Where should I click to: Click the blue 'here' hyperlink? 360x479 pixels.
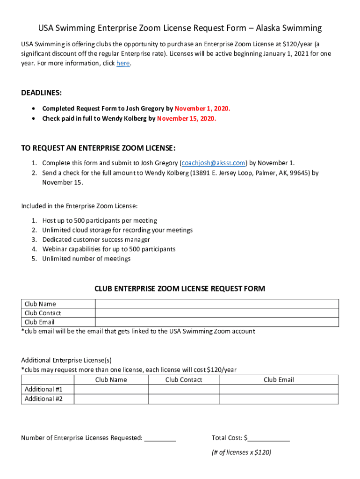pos(123,63)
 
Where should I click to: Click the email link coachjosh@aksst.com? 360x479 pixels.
pos(214,163)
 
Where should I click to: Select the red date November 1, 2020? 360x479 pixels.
pos(202,109)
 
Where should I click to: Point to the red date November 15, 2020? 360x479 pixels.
pos(187,118)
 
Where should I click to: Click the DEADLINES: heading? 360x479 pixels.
pos(41,93)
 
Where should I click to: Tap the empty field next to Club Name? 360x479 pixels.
pos(216,304)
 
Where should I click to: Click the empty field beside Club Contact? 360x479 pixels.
pos(216,313)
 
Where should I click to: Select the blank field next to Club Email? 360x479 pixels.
pos(216,322)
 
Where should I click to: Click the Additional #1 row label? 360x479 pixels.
pos(43,389)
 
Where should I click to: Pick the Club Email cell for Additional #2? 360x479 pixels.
pos(279,399)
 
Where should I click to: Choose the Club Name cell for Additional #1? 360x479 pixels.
pos(111,389)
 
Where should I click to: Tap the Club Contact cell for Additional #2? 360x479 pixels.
pos(184,399)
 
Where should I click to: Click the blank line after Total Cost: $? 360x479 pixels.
pos(270,438)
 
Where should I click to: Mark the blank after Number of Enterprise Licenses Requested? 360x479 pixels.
pos(160,438)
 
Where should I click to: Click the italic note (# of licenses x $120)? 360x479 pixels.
pos(241,452)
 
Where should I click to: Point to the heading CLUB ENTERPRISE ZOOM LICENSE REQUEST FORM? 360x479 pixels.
pos(180,289)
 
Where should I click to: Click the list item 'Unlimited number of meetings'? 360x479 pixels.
pos(86,259)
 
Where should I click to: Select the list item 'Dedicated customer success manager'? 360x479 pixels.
pos(96,239)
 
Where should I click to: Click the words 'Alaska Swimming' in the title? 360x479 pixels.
pos(288,28)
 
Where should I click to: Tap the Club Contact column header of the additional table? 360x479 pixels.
pos(184,380)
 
